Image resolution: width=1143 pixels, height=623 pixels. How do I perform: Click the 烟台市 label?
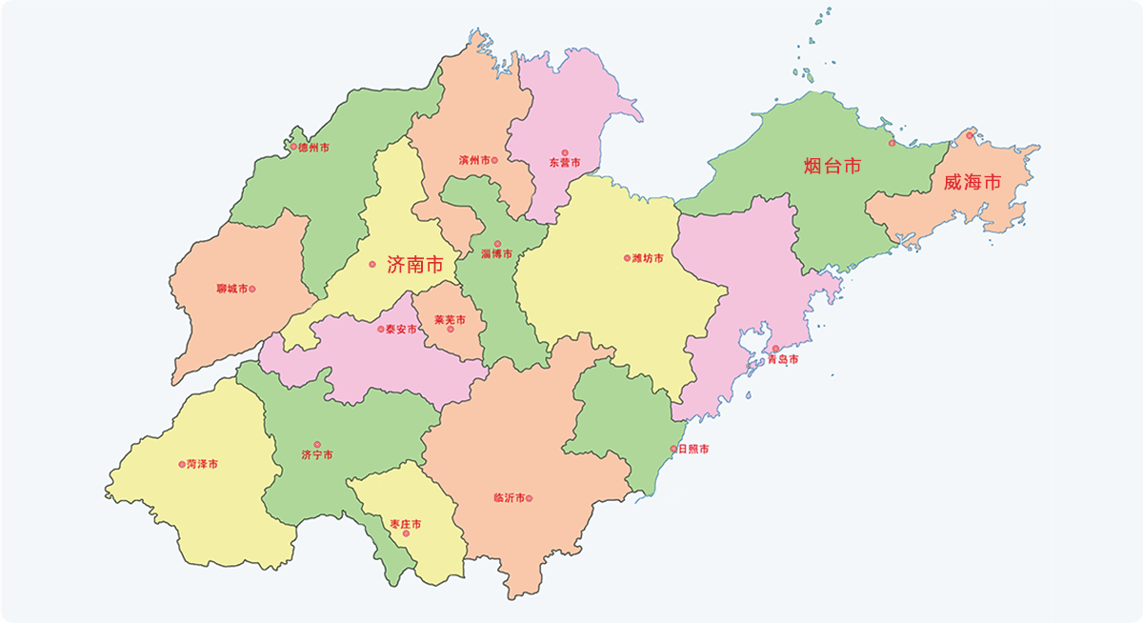[832, 167]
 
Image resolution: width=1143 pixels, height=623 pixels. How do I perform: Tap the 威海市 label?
[972, 182]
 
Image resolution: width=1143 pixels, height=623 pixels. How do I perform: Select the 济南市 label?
[414, 265]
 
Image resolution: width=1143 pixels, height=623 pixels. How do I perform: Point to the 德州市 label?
[314, 148]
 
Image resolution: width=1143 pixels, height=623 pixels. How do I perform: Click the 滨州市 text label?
[473, 160]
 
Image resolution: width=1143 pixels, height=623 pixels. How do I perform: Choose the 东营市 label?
[564, 163]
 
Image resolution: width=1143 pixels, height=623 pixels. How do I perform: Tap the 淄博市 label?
[496, 254]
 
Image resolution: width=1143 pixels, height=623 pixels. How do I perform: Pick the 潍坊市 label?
[648, 258]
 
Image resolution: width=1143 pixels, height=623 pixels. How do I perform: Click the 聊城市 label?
[231, 289]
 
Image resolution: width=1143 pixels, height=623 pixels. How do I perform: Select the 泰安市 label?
[402, 330]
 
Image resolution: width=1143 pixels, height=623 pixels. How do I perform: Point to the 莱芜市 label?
[450, 320]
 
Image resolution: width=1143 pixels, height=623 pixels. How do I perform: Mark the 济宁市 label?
[317, 455]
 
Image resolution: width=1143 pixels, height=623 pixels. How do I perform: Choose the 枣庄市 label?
[406, 525]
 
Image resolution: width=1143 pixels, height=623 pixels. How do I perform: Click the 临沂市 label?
[509, 498]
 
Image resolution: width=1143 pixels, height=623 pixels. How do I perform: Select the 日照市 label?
[692, 449]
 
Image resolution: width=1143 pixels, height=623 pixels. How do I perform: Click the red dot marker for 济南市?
[372, 264]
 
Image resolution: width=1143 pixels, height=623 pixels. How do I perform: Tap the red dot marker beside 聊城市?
[252, 289]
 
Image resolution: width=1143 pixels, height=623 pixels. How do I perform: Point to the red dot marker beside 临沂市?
[530, 498]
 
